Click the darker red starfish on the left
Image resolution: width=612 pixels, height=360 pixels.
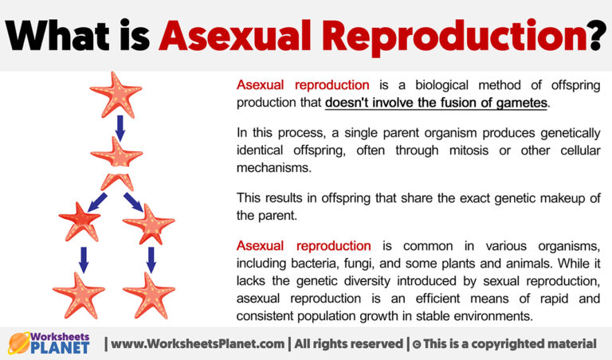click(80, 221)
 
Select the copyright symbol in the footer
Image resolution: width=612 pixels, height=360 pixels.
click(418, 344)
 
